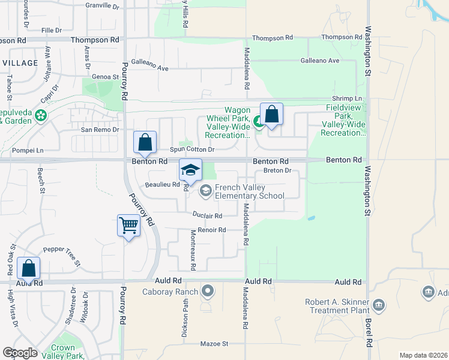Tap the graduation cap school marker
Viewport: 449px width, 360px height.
point(190,170)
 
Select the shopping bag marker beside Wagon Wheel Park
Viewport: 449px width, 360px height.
point(271,114)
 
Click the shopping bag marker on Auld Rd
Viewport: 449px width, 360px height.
point(29,268)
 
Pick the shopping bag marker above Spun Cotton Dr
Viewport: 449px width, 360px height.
point(145,143)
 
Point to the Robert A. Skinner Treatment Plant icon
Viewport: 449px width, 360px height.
point(378,304)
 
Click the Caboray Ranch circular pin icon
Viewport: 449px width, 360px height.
point(208,292)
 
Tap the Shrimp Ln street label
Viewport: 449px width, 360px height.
point(348,98)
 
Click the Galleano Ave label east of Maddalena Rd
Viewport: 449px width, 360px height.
point(320,61)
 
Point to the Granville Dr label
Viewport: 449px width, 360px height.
point(103,5)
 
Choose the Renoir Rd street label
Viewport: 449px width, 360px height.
point(213,230)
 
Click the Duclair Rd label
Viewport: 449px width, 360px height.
point(208,215)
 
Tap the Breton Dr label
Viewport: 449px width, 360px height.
point(277,170)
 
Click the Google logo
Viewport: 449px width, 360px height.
point(20,353)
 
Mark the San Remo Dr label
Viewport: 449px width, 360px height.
point(100,130)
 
